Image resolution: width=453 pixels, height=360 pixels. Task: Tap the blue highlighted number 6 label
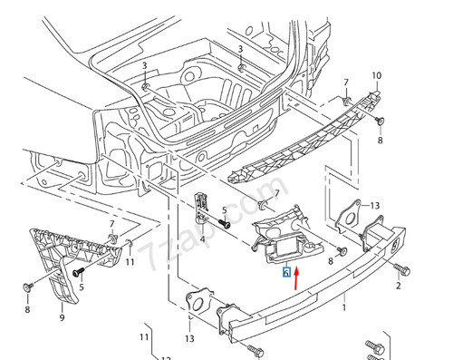pos(286,271)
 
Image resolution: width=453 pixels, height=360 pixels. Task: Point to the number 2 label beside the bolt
pos(397,287)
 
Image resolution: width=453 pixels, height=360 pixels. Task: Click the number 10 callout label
pos(378,75)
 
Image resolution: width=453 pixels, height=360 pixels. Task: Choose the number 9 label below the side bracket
pos(62,318)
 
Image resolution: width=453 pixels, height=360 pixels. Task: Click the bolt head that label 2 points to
pos(402,268)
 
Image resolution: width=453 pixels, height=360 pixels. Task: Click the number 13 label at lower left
pos(189,338)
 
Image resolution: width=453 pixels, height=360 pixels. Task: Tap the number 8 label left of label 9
pos(27,310)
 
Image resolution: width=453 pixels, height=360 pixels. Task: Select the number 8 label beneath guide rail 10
pos(381,142)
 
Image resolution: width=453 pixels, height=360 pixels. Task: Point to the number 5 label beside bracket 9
pos(81,288)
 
